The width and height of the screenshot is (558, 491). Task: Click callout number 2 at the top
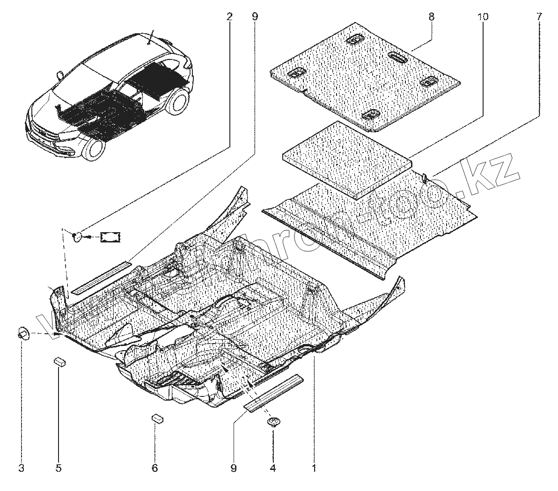pos(229,17)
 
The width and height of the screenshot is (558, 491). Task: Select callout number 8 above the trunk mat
pos(431,17)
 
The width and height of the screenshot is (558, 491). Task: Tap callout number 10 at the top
pos(483,17)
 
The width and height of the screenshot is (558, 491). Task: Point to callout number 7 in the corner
pos(539,17)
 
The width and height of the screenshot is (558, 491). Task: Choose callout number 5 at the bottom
pos(59,468)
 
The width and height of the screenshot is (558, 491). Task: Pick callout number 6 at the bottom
pos(154,468)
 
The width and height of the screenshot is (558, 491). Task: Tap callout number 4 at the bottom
pos(273,468)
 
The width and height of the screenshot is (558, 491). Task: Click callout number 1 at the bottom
pos(314,468)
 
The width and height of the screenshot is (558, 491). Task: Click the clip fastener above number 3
pos(22,333)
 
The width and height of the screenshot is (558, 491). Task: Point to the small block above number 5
pos(59,361)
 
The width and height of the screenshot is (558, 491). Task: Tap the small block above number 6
pos(157,418)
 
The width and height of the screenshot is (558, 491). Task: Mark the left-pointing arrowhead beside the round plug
pos(90,236)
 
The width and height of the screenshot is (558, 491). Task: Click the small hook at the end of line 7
pos(424,177)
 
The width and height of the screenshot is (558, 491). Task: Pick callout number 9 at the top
pos(254,17)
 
